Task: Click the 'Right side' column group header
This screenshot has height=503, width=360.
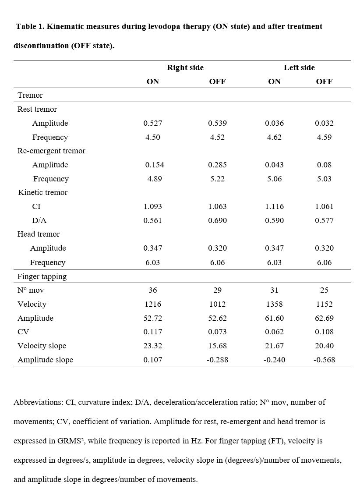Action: (x=185, y=67)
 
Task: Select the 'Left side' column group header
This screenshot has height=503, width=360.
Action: (x=299, y=67)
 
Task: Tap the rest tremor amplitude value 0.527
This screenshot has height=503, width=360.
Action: (x=152, y=123)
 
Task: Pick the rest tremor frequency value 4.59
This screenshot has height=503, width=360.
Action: (x=324, y=137)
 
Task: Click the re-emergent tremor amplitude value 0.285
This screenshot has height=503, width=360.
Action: (x=217, y=165)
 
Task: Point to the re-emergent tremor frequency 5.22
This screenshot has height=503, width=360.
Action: (x=217, y=179)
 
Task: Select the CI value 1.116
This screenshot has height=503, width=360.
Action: (x=274, y=206)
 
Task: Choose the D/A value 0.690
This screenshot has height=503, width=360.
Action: (x=217, y=220)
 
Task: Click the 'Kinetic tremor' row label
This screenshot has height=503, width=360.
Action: (x=43, y=192)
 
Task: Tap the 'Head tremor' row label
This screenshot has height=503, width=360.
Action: (x=39, y=234)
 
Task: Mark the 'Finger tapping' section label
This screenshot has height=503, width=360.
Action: (x=42, y=276)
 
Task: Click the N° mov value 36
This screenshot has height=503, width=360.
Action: (x=152, y=290)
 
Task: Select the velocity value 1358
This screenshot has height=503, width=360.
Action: (x=274, y=304)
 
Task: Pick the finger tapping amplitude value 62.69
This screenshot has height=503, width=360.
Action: (x=324, y=318)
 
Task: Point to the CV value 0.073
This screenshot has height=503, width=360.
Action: (x=217, y=332)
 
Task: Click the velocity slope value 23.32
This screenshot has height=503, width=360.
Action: (x=152, y=346)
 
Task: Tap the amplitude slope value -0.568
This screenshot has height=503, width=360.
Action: (x=324, y=360)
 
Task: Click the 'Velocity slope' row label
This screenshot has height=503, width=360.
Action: (x=42, y=346)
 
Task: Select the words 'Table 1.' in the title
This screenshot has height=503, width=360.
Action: (x=30, y=26)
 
